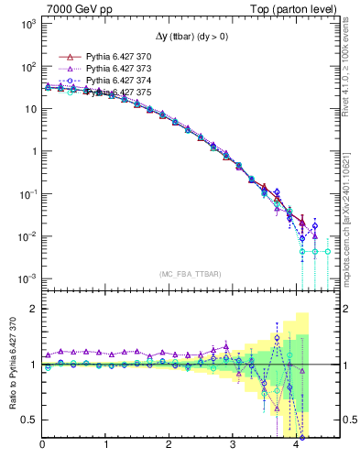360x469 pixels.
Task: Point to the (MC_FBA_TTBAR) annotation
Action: point(188,274)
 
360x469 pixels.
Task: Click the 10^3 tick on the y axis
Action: point(28,25)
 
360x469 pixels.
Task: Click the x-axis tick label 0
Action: point(43,446)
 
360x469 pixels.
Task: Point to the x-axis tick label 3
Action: point(233,446)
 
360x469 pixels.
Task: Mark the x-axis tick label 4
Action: point(296,446)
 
